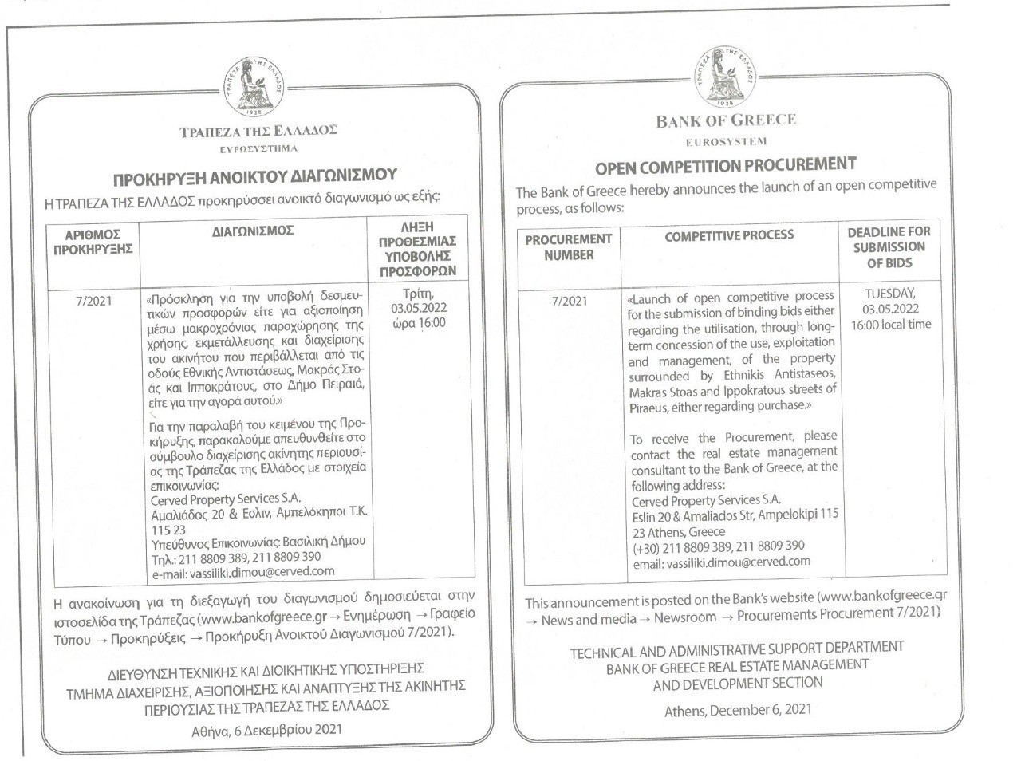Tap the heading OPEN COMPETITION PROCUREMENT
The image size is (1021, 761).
pos(725,166)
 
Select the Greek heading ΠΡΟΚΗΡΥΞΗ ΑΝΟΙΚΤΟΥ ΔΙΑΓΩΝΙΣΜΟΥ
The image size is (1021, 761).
pos(254,175)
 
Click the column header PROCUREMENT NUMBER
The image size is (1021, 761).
pos(569,247)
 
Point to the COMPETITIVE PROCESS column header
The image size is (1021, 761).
pos(729,235)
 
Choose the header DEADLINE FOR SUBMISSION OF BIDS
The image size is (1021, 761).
pos(889,247)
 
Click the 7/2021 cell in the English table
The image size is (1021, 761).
pos(569,302)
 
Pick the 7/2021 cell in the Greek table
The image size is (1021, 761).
pos(93,302)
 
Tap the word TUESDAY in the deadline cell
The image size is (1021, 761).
pos(890,294)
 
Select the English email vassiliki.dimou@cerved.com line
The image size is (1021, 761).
pos(721,562)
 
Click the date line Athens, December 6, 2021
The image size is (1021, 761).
pos(738,710)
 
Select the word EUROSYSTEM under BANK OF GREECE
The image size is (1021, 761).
pos(726,142)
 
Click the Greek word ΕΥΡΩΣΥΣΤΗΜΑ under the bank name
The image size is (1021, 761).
pos(258,148)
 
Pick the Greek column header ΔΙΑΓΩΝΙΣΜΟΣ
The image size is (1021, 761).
pos(254,231)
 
